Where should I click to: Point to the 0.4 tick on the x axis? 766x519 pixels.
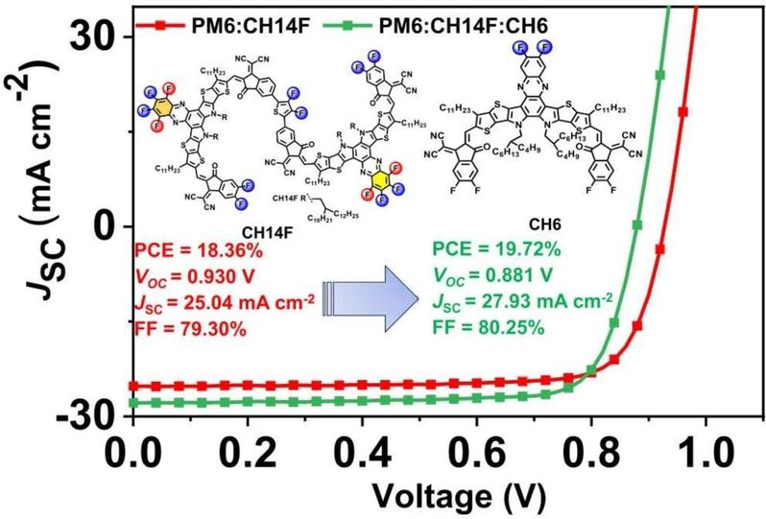[362, 453]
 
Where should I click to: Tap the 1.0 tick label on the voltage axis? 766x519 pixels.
[706, 453]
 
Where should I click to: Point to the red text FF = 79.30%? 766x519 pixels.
[191, 326]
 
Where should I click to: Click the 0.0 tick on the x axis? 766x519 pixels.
[132, 453]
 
